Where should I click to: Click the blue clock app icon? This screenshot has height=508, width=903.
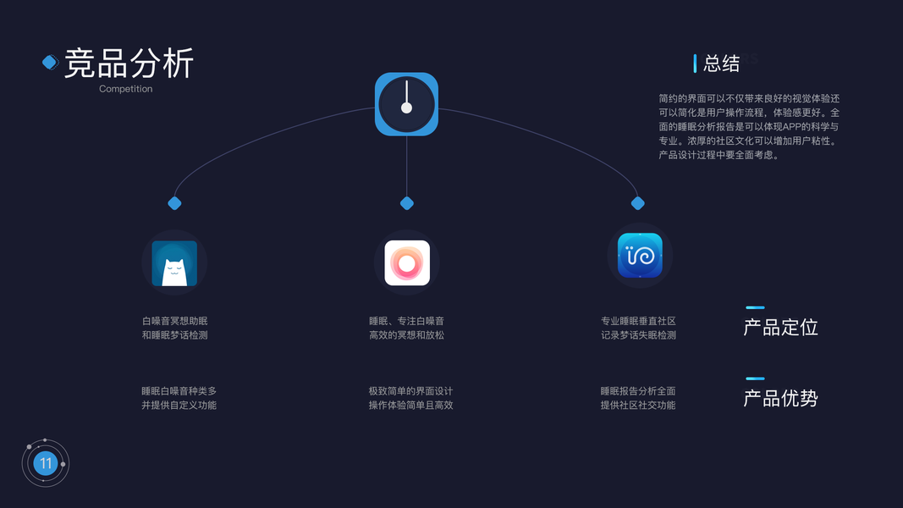coord(406,104)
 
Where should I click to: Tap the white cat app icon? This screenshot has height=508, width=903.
coord(174,263)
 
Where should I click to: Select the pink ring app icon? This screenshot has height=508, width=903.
coord(407,263)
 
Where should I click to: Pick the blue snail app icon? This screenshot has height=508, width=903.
coord(640,255)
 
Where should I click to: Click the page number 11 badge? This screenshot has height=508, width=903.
coord(46,463)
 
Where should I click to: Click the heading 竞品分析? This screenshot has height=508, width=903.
coord(129,63)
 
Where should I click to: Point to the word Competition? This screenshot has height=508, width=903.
coord(125,89)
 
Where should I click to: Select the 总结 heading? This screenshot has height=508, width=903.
coord(721,63)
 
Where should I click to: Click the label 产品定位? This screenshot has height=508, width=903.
coord(780,328)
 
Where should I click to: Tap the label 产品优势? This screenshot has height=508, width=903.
coord(780,398)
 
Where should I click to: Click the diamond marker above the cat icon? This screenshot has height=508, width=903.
coord(175,203)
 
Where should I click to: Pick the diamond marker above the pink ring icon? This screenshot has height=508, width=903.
coord(407,203)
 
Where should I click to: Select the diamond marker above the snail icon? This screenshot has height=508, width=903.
coord(638,203)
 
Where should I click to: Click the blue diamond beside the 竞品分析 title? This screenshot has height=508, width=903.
coord(50,62)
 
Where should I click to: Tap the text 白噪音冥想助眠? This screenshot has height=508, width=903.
coord(174,321)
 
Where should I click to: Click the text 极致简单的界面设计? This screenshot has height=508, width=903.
coord(410,391)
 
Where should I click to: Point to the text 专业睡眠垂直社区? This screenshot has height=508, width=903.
coord(638,321)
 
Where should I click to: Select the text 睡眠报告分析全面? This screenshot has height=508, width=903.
coord(638,391)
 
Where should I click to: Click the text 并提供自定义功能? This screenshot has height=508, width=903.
coord(179,405)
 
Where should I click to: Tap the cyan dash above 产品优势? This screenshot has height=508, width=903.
coord(755,378)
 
